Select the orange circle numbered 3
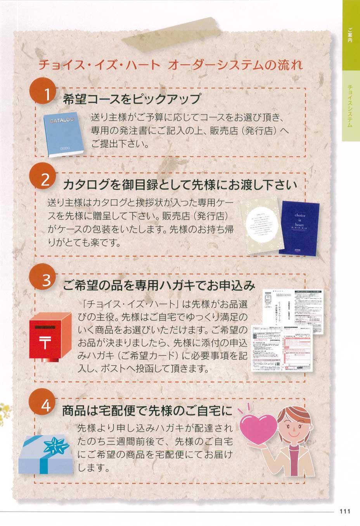46,280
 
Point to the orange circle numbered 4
46,405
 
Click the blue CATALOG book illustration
63,134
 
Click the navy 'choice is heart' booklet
300,229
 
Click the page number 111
344,511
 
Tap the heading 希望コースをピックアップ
132,99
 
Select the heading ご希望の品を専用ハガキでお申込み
159,285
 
